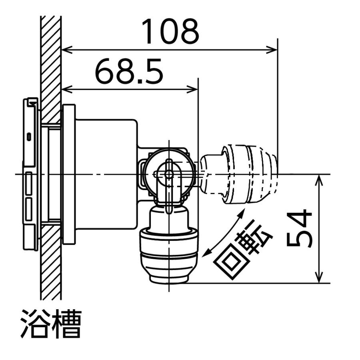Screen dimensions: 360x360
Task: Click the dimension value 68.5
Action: tap(129, 72)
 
